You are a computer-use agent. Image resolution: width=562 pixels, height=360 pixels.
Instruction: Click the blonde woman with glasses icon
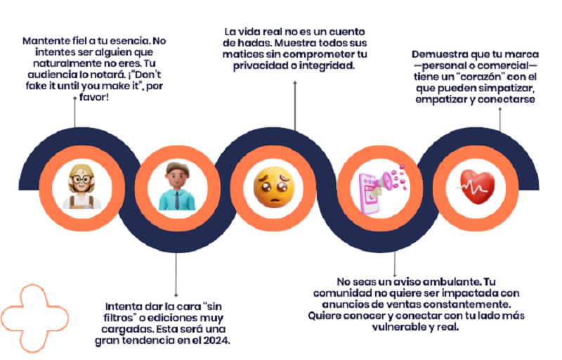click(x=81, y=186)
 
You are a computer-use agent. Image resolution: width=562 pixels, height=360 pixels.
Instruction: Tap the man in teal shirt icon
click(x=177, y=186)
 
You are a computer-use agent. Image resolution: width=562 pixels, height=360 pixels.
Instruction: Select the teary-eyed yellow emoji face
click(x=273, y=187)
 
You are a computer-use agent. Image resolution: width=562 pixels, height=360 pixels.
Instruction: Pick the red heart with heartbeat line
click(x=476, y=186)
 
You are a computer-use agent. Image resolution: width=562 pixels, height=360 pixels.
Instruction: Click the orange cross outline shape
click(x=34, y=318)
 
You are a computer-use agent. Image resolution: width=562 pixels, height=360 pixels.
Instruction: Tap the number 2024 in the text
click(x=216, y=340)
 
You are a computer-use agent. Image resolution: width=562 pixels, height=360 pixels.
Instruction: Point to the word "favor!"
click(x=94, y=97)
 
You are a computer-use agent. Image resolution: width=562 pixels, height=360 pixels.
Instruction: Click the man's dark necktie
click(x=177, y=200)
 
